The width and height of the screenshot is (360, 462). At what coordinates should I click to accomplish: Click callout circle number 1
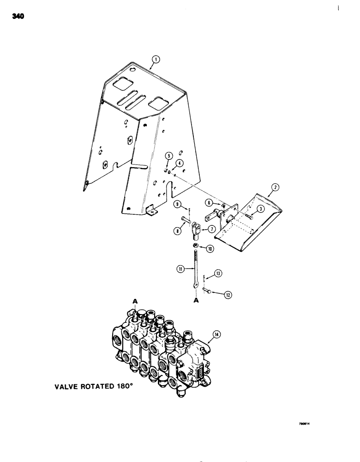coord(156,59)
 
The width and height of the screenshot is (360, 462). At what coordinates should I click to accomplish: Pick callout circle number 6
coord(210,202)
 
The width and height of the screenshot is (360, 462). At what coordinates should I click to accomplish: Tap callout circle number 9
coord(177,204)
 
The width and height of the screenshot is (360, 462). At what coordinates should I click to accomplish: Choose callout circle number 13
coord(218,274)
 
